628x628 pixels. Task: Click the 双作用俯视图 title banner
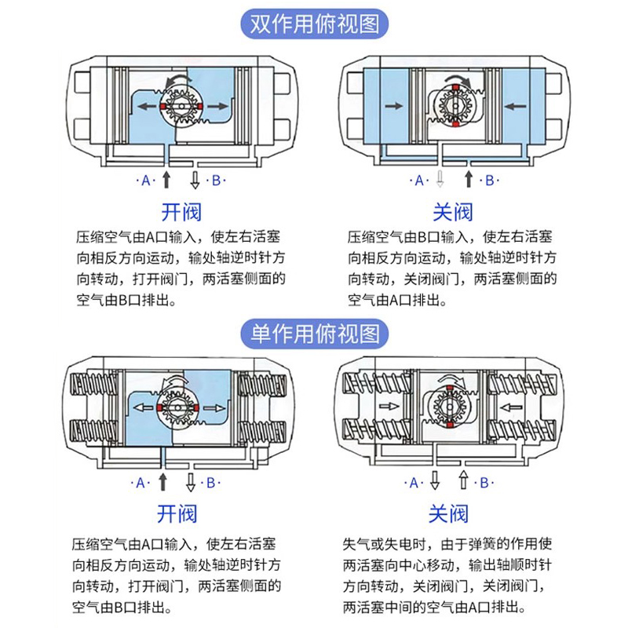point(314,24)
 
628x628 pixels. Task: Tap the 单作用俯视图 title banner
point(314,333)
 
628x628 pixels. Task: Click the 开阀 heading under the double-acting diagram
point(181,211)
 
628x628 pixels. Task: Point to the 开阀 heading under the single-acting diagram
point(177,513)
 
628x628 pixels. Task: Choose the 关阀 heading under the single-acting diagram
point(448,513)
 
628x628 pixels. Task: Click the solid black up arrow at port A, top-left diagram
point(166,179)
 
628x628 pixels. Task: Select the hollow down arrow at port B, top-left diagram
point(195,180)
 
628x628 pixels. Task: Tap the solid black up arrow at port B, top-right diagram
point(469,179)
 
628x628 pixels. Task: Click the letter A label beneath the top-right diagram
point(419,181)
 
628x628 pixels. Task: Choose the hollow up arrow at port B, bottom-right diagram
point(463,480)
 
